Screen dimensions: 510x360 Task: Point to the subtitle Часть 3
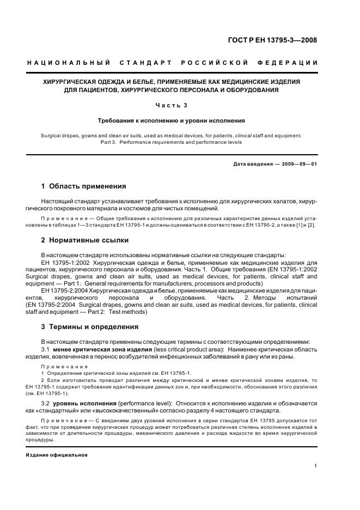(171, 105)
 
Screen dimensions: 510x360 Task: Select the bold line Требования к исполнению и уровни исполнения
(171, 120)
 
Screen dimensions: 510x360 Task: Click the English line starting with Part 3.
(171, 142)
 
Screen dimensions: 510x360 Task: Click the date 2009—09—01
(298, 163)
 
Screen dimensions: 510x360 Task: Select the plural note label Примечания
(64, 367)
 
